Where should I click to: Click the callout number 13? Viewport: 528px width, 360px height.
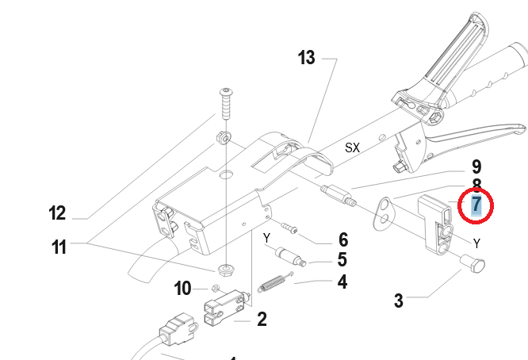click(x=307, y=58)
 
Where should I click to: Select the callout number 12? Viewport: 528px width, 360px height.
click(x=56, y=213)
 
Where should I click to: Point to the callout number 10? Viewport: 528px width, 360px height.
click(x=183, y=289)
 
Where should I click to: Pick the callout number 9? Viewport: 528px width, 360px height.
click(x=476, y=167)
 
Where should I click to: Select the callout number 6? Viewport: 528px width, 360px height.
click(x=342, y=239)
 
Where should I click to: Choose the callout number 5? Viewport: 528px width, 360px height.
click(x=342, y=259)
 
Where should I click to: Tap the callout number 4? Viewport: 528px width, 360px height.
click(x=342, y=281)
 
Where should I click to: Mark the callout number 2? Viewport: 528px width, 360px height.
click(x=261, y=320)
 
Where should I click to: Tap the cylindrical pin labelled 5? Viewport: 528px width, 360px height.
click(x=289, y=257)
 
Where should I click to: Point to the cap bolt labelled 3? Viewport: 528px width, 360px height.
click(x=474, y=266)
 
